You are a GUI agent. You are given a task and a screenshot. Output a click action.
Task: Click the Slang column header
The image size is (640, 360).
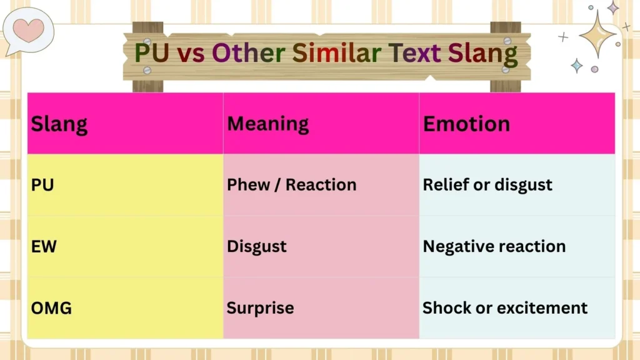(59, 124)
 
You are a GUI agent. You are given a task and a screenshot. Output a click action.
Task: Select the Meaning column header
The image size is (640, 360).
(267, 124)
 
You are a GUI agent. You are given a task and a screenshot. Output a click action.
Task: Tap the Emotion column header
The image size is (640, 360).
(466, 124)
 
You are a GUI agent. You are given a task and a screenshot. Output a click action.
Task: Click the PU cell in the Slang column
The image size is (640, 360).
(42, 185)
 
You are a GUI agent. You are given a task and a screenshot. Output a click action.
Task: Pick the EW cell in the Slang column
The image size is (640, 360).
(44, 246)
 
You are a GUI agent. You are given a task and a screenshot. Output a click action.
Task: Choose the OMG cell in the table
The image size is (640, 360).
(51, 308)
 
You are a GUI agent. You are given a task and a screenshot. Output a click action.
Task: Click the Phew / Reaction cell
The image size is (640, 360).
(291, 185)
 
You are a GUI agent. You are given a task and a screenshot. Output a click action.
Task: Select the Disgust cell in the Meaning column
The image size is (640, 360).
(256, 246)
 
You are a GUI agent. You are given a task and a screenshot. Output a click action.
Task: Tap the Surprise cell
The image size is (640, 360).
(260, 308)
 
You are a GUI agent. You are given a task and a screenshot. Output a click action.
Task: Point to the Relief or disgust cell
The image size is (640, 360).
(487, 185)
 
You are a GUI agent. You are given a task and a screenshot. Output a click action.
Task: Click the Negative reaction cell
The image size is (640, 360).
(494, 246)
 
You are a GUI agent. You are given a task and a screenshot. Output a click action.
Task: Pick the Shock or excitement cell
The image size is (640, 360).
(505, 308)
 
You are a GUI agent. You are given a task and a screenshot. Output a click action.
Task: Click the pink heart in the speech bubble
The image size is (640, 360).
(28, 29)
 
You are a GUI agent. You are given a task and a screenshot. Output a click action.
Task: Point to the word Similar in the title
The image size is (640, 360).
(337, 54)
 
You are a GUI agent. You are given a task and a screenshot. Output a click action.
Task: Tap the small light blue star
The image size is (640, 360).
(576, 66)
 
